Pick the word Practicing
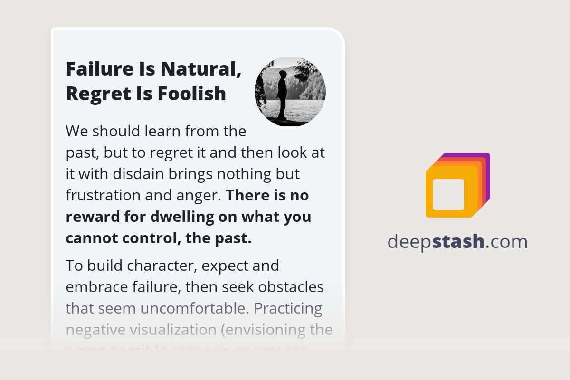pos(288,308)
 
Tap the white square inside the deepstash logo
pos(448,194)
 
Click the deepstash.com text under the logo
pos(457,242)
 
